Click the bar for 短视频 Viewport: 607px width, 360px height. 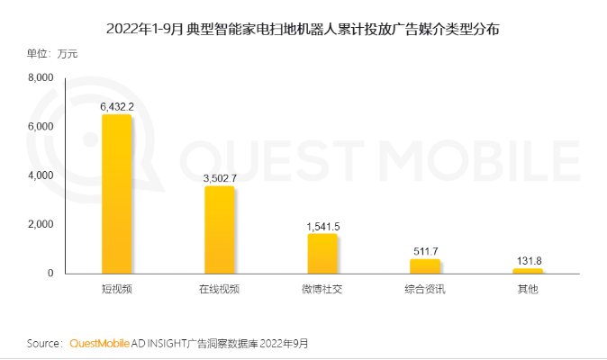pyautogui.click(x=116, y=193)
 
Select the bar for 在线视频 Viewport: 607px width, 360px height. pyautogui.click(x=219, y=229)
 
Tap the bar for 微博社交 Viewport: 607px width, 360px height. pyautogui.click(x=322, y=253)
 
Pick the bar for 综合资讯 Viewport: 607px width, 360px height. pyautogui.click(x=424, y=265)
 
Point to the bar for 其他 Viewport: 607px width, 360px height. pyautogui.click(x=528, y=270)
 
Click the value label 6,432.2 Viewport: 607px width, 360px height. pyautogui.click(x=117, y=106)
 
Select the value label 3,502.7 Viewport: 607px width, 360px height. pyautogui.click(x=219, y=178)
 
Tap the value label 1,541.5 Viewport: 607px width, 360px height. pyautogui.click(x=322, y=226)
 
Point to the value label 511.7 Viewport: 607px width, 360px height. pyautogui.click(x=424, y=250)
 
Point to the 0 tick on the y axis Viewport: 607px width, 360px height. pyautogui.click(x=50, y=273)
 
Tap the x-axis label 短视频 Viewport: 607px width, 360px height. pyautogui.click(x=116, y=290)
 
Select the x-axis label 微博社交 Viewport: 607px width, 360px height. pyautogui.click(x=322, y=290)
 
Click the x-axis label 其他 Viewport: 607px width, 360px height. pyautogui.click(x=528, y=290)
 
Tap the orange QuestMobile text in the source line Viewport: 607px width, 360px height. pyautogui.click(x=100, y=344)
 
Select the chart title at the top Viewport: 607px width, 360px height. pyautogui.click(x=303, y=28)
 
